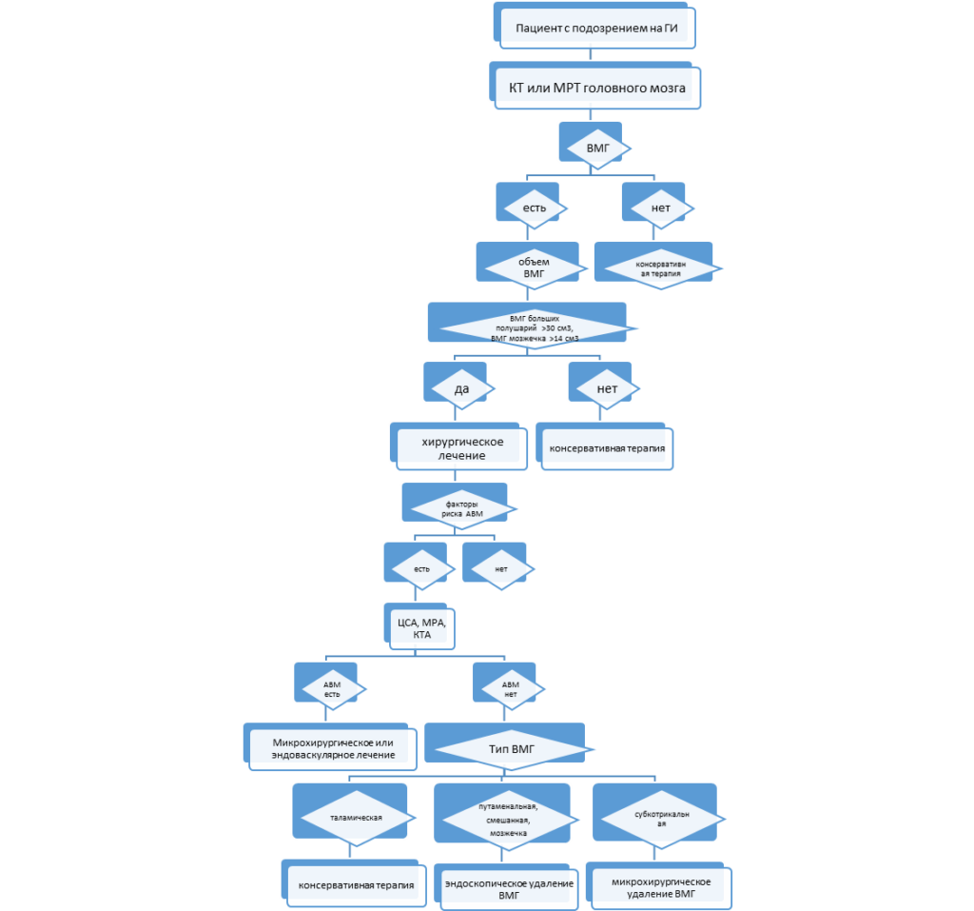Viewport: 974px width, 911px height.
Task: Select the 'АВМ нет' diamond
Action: pyautogui.click(x=509, y=687)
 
